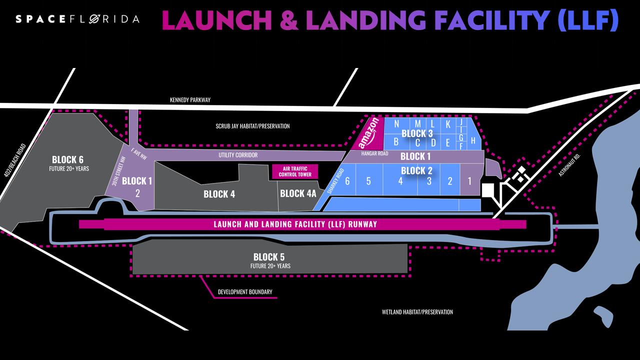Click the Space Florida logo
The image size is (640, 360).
pos(77,19)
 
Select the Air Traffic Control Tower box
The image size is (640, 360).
pos(291,171)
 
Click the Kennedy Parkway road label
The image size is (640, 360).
pos(190,100)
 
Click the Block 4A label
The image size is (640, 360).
pos(298,193)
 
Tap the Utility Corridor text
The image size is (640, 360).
pos(238,155)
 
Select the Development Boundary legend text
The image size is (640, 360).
pos(245,292)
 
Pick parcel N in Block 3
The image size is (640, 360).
pos(396,124)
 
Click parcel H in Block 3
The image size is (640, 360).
pos(473,140)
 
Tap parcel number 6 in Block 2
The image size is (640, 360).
pos(347,181)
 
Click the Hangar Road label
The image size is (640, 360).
pos(374,153)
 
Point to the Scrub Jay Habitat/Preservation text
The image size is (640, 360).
pos(249,126)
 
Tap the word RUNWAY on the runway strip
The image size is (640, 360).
pos(361,224)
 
